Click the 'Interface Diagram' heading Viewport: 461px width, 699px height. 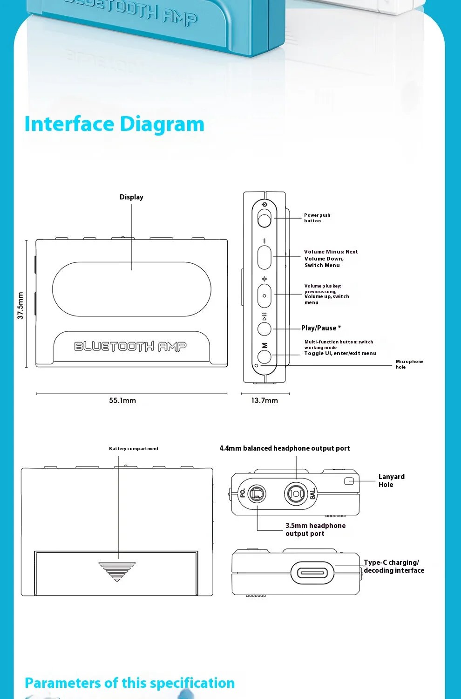114,124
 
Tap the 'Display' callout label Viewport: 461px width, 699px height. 131,197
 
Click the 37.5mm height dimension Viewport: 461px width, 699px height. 20,305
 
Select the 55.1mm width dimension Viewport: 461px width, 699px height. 122,400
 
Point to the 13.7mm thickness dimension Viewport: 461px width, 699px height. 264,400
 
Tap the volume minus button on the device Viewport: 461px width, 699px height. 264,258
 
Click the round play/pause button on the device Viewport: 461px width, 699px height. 264,329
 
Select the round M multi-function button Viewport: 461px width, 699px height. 264,356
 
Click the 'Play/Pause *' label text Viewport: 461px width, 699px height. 321,328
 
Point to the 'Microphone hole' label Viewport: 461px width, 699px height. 409,364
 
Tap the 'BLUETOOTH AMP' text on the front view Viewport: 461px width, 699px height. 130,346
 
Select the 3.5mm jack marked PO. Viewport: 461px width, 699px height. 256,493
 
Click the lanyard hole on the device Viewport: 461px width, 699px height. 349,481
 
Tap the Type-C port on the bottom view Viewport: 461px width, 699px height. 312,573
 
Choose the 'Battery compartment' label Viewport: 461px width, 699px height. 134,449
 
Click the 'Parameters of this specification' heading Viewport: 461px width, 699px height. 129,683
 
